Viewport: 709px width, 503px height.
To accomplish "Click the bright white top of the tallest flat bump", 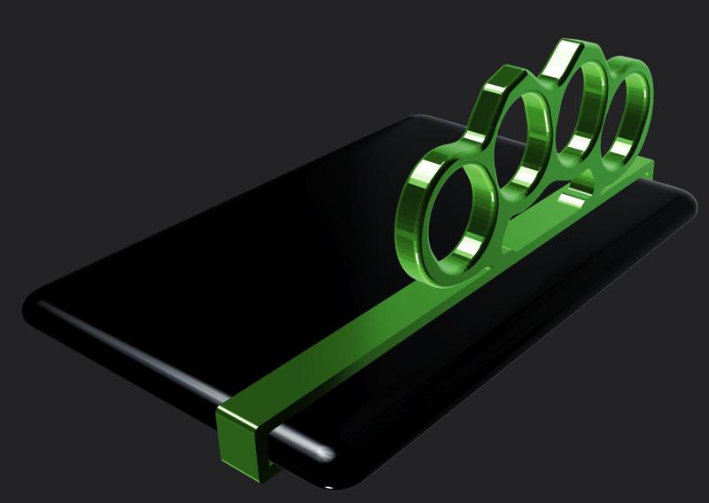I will (562, 57).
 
